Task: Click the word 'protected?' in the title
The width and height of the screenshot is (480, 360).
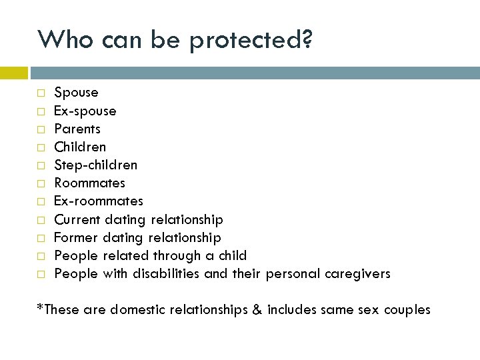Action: tap(251, 40)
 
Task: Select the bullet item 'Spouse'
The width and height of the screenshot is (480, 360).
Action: tap(76, 93)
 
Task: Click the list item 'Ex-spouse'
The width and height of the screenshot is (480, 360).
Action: tap(85, 111)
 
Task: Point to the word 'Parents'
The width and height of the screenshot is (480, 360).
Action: tap(77, 129)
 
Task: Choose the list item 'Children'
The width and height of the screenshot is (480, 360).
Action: tap(80, 147)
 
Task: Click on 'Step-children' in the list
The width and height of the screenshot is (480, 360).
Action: tap(95, 165)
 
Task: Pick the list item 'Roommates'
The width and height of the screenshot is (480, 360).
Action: tap(89, 183)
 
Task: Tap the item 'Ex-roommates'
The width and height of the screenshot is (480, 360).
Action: tap(98, 201)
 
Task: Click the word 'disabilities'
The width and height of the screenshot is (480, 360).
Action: tap(166, 273)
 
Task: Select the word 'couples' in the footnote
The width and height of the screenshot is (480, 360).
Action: tap(407, 310)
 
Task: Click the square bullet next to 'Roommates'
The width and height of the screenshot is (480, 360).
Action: tap(41, 183)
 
